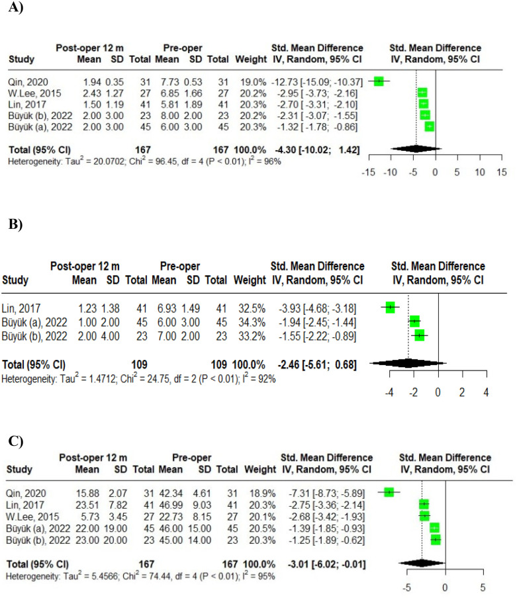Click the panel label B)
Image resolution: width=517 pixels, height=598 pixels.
[x=15, y=225]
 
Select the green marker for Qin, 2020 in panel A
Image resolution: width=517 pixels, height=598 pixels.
[x=379, y=81]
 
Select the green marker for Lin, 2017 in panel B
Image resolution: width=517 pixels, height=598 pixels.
[x=390, y=307]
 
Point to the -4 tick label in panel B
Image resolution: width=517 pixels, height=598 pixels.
[x=389, y=392]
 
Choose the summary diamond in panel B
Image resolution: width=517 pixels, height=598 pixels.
[x=408, y=363]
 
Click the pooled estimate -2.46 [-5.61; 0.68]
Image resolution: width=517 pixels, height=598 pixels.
[x=316, y=363]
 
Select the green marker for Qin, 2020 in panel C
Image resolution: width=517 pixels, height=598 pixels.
[x=389, y=491]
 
